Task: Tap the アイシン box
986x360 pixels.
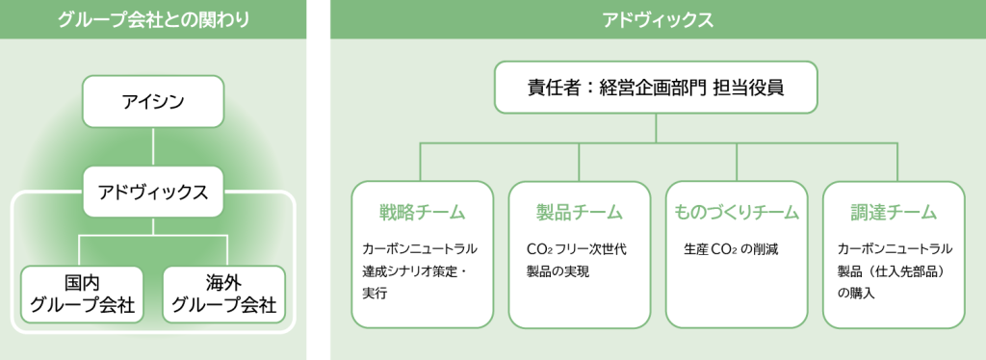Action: click(153, 100)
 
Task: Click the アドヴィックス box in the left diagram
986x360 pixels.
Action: click(153, 192)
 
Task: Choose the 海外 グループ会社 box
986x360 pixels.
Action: click(223, 294)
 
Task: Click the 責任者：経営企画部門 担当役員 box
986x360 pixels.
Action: click(656, 88)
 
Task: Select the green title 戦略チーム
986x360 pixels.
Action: click(422, 213)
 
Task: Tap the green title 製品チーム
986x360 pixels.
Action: click(579, 213)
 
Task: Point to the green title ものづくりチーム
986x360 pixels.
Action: click(737, 213)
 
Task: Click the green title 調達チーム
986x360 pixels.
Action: click(894, 213)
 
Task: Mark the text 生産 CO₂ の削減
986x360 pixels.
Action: click(731, 249)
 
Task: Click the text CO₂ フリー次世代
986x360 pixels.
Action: click(577, 249)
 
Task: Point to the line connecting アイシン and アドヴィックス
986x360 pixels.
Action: click(153, 146)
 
